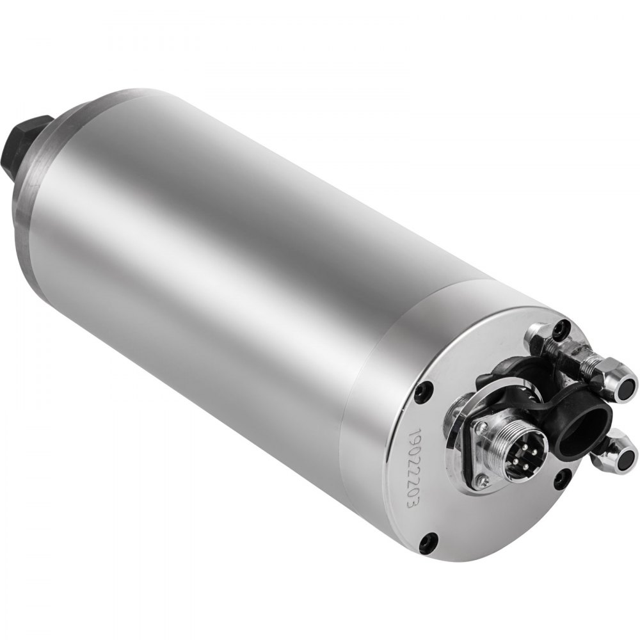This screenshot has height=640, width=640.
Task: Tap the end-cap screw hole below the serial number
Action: (x=429, y=540)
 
